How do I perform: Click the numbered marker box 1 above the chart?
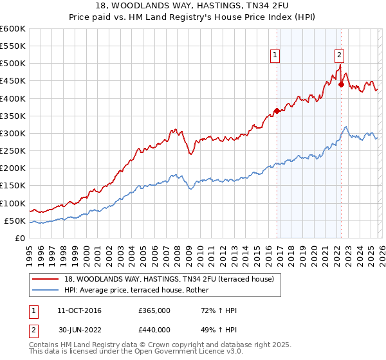tap(275, 55)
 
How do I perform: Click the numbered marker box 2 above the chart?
tap(339, 55)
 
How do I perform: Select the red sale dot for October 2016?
tap(277, 111)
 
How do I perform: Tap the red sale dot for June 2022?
tap(342, 84)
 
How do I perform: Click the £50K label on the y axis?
tap(15, 221)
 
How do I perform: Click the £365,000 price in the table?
tap(154, 310)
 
